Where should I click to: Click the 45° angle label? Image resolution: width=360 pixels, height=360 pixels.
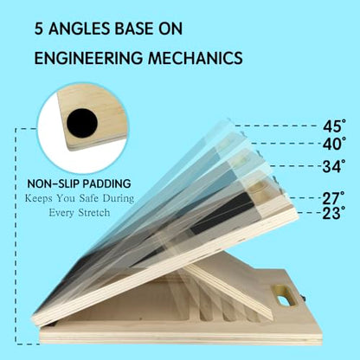[x=334, y=126]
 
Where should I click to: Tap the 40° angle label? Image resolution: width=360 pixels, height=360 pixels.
[x=334, y=144]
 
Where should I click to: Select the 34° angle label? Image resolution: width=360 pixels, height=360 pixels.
[x=334, y=166]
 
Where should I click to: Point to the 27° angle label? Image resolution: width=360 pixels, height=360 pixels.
[x=333, y=198]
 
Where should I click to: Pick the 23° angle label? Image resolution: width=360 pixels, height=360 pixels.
[x=333, y=213]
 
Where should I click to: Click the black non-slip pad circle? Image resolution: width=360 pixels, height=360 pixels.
[x=82, y=123]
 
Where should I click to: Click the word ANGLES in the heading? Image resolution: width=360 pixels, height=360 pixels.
[x=79, y=29]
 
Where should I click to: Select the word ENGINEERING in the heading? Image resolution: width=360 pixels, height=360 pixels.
[x=88, y=58]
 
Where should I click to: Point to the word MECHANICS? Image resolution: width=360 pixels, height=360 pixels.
[x=196, y=58]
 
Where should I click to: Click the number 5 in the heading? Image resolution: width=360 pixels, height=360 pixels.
[x=39, y=29]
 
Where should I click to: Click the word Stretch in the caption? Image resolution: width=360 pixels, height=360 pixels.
[x=94, y=213]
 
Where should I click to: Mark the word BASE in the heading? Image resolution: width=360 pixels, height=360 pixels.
[x=134, y=29]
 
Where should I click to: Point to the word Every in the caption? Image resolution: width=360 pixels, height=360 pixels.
[x=62, y=213]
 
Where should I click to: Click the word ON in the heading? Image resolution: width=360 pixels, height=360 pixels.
[x=170, y=29]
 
